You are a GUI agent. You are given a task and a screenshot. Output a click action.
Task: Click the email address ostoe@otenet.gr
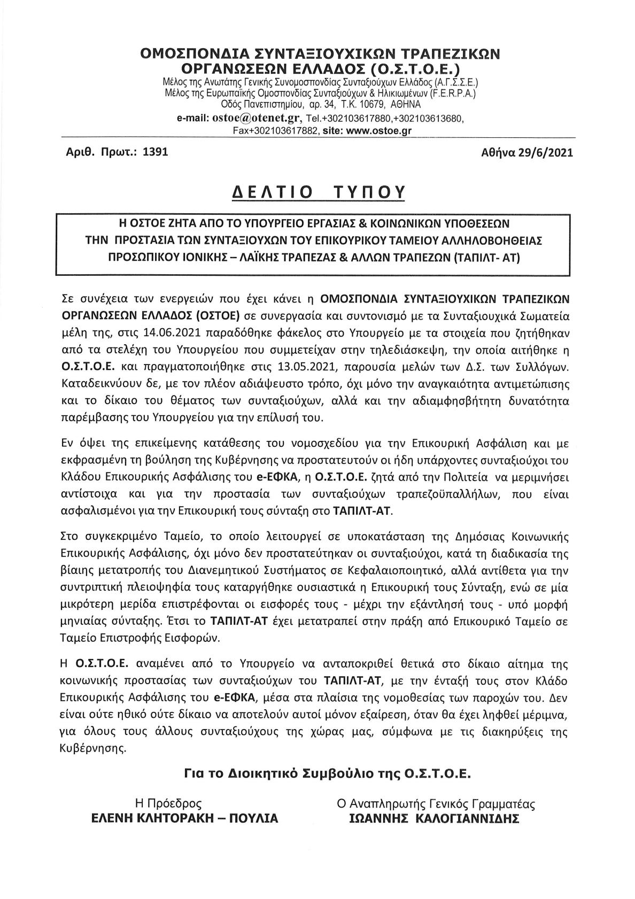pyautogui.click(x=258, y=118)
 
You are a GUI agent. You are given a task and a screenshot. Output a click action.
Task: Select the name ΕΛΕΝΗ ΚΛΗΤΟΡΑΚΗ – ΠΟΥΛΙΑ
pyautogui.click(x=184, y=818)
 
